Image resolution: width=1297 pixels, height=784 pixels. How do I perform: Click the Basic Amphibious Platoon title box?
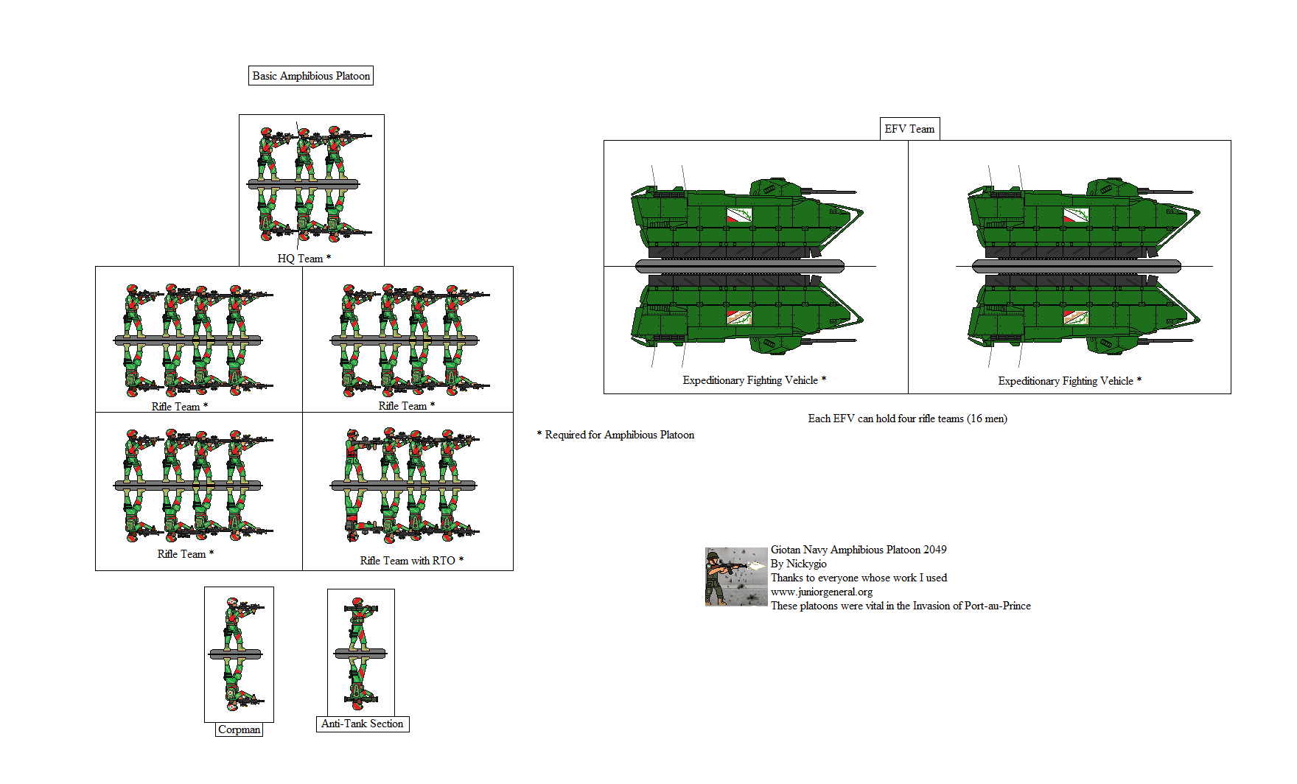311,76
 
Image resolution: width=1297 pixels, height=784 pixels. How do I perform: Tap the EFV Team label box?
909,129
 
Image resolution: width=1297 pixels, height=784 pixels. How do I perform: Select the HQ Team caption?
304,259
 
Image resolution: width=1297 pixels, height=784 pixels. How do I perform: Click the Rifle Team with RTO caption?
412,561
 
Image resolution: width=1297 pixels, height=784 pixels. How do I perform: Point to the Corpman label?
240,729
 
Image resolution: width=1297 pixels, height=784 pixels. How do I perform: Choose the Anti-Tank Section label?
363,724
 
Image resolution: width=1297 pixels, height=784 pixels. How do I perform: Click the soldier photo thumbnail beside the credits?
736,577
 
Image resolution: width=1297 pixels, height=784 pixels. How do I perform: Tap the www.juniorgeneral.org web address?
822,592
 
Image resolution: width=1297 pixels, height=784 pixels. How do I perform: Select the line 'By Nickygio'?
799,564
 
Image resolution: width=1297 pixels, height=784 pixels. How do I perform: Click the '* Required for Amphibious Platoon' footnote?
615,435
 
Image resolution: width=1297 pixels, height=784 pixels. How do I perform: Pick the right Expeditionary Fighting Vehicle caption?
1070,381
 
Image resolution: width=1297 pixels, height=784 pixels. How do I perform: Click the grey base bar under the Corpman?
236,654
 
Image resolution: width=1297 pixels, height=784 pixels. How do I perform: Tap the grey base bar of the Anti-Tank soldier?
360,653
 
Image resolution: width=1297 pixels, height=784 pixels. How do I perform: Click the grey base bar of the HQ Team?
304,183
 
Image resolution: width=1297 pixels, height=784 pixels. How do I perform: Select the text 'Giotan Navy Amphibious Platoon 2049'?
859,550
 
